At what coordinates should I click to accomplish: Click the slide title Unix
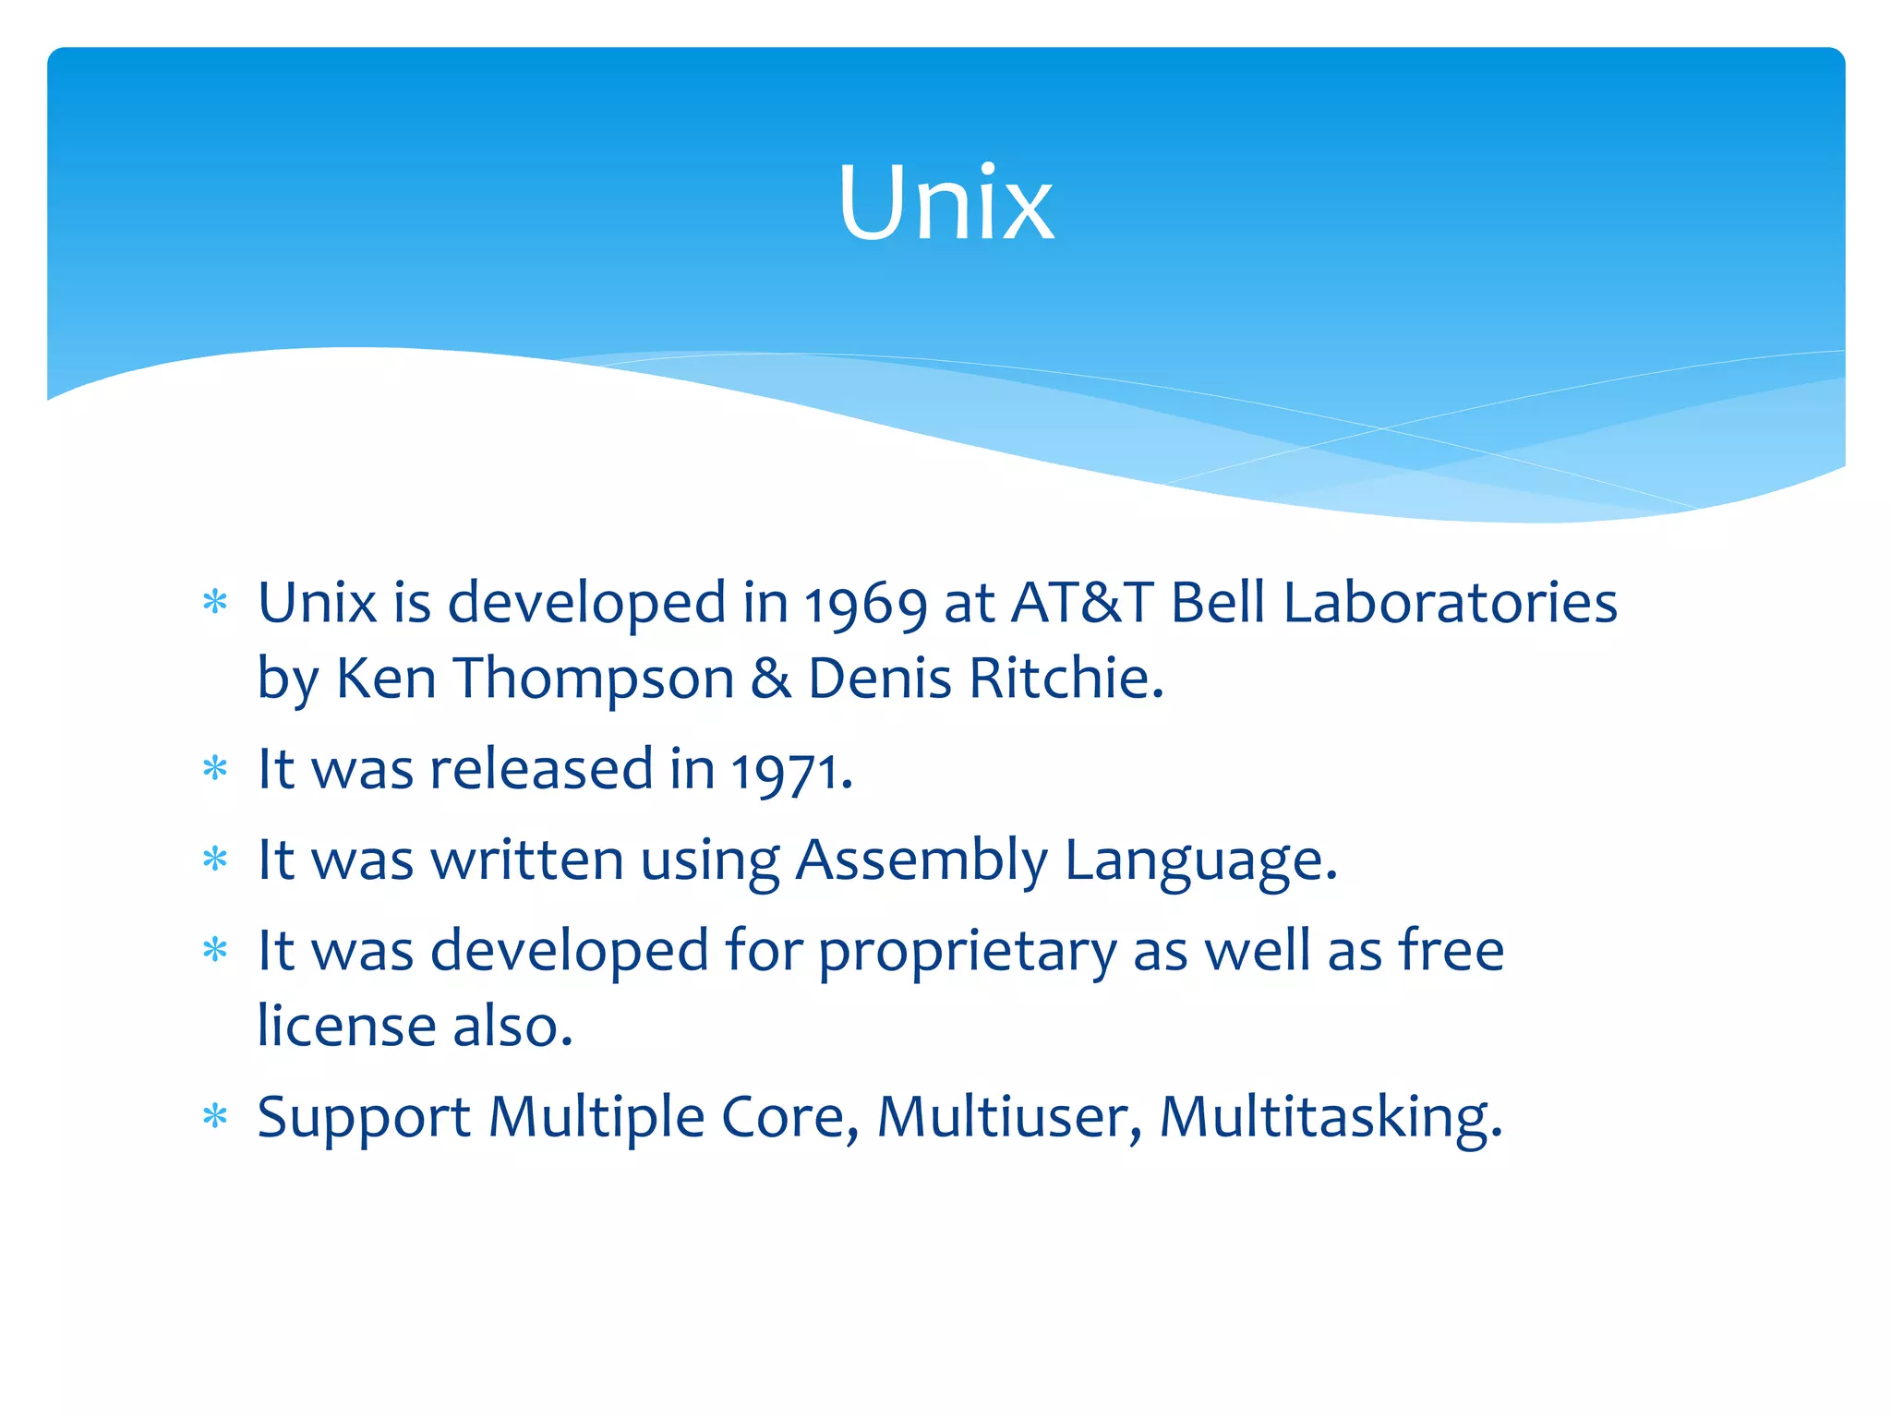945,203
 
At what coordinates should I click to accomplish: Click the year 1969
865,606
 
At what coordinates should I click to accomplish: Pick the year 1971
790,771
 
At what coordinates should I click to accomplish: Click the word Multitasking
1330,1118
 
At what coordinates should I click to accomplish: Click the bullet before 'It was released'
215,768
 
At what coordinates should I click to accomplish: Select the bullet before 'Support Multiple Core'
215,1117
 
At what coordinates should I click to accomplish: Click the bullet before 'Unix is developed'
215,604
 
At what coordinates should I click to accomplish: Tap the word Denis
879,679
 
